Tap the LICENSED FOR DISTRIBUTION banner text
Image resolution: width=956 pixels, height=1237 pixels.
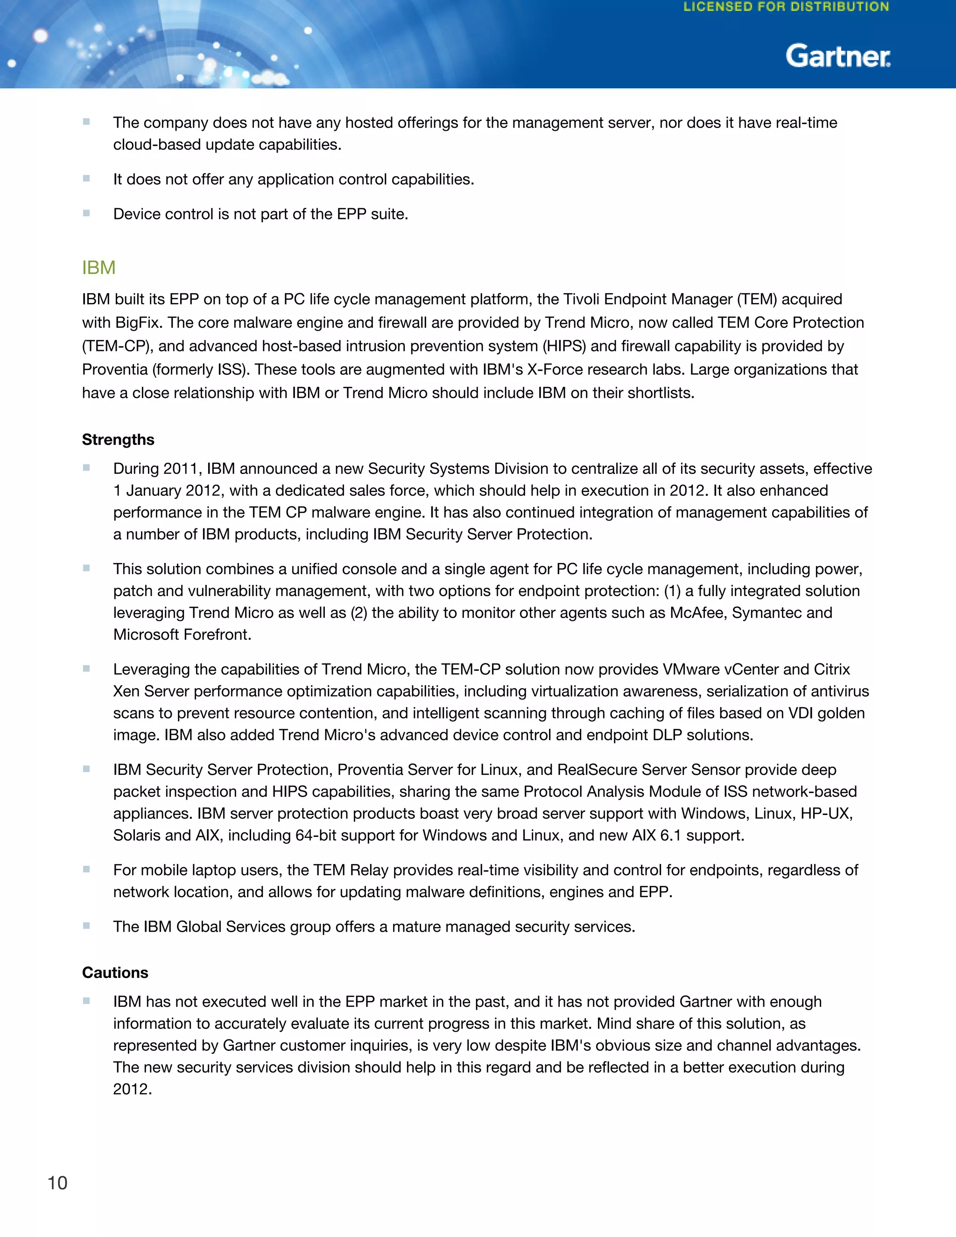786,7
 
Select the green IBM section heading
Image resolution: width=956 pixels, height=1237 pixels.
98,267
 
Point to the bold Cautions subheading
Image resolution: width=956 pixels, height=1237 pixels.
115,972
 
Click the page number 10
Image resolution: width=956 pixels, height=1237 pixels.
57,1183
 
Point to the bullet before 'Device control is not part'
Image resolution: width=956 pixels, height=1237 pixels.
87,213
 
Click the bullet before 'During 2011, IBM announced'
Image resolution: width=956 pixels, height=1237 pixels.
87,468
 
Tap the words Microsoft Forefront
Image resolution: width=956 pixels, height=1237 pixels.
181,634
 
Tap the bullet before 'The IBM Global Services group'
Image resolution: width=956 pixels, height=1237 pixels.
87,926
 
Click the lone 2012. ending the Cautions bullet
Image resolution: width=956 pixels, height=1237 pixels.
132,1089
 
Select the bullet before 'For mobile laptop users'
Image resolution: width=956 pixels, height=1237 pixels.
87,870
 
